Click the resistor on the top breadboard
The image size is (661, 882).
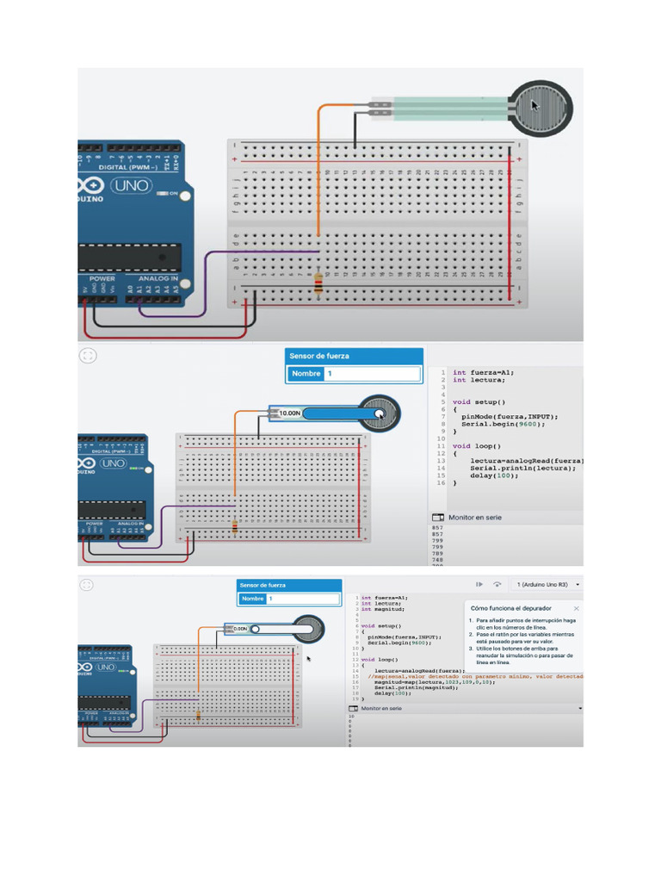point(318,283)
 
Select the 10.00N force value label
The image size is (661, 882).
point(290,413)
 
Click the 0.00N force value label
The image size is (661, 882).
point(240,629)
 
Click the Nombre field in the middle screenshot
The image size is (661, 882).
point(373,374)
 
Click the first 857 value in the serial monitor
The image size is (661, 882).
point(437,527)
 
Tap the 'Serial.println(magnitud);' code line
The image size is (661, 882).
point(422,688)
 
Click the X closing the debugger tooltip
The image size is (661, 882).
point(577,607)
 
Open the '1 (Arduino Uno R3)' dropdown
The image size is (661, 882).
point(547,584)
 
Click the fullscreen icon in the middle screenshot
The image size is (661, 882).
point(88,355)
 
